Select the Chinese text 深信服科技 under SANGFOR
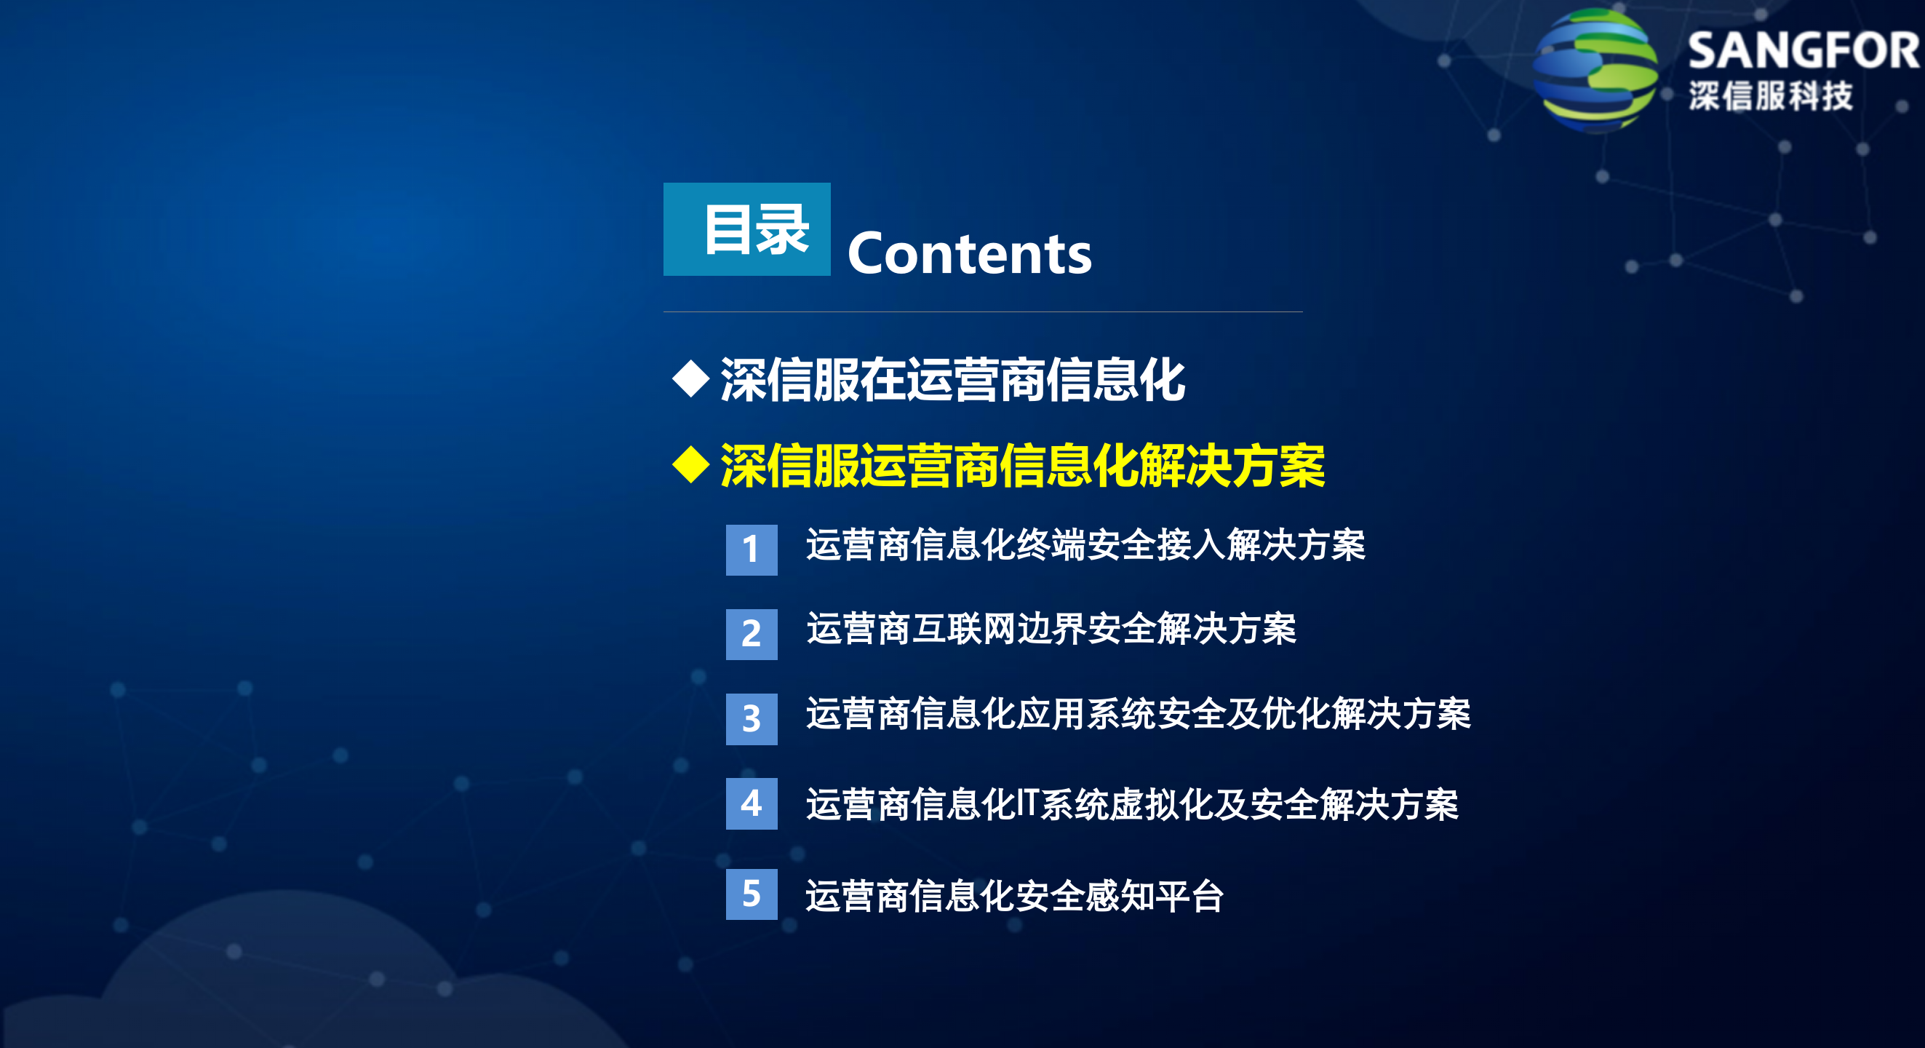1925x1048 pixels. pos(1770,96)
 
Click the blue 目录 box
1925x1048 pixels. pos(746,229)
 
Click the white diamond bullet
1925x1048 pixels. pos(690,378)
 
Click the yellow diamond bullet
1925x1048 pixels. pos(690,465)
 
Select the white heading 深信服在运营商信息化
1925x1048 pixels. pos(952,380)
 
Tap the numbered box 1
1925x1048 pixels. pos(751,549)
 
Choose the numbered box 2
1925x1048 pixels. pos(751,634)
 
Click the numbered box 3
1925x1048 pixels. pos(751,718)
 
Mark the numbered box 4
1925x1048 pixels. pos(751,803)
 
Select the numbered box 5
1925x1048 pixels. pos(751,894)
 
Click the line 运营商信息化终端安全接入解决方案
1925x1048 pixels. pos(1085,544)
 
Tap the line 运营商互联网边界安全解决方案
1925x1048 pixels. pos(1051,629)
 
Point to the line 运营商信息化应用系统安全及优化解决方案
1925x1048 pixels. pos(1137,713)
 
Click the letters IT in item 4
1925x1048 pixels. pos(1027,803)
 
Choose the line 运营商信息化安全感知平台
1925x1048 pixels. pos(1014,895)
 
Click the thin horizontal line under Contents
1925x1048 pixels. pos(983,311)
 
